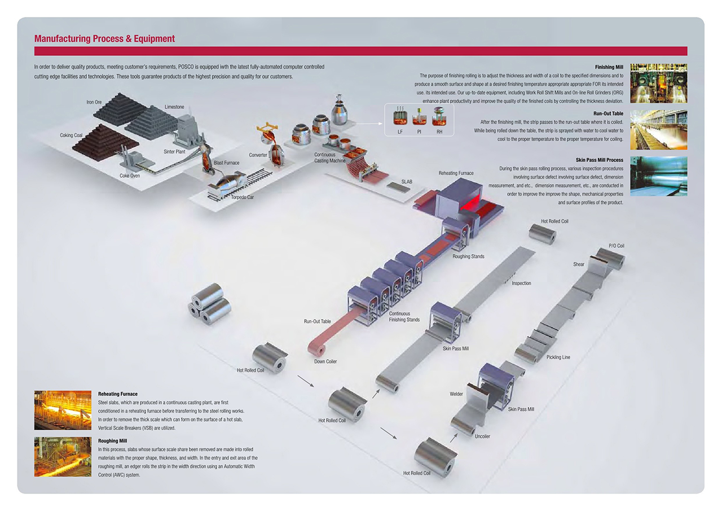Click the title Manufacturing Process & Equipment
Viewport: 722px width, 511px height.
[x=104, y=39]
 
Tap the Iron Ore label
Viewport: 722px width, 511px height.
[x=94, y=102]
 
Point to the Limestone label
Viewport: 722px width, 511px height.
[x=174, y=107]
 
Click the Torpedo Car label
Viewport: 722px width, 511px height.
[x=242, y=197]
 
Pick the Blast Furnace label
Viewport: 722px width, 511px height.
[x=226, y=163]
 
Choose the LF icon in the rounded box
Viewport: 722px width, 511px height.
[x=400, y=119]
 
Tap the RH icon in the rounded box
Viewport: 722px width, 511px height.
[x=439, y=119]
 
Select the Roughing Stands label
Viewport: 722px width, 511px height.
[x=468, y=256]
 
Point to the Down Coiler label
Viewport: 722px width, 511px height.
[x=325, y=361]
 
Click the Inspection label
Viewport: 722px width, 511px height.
[x=521, y=283]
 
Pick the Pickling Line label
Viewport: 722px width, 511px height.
[x=558, y=357]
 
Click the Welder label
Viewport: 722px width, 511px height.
[x=456, y=394]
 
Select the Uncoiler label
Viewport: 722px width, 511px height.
[x=482, y=436]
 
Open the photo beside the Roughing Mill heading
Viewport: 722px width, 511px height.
[x=63, y=456]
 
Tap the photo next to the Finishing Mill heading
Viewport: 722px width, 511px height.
[x=658, y=82]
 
